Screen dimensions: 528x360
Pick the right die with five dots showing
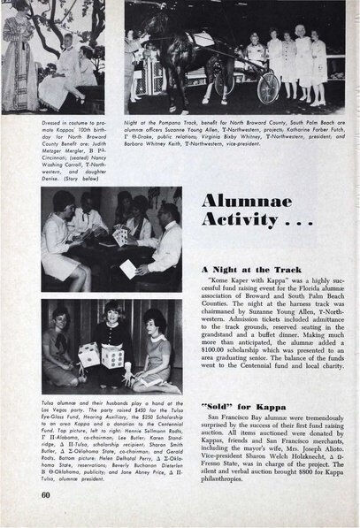[112, 356]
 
